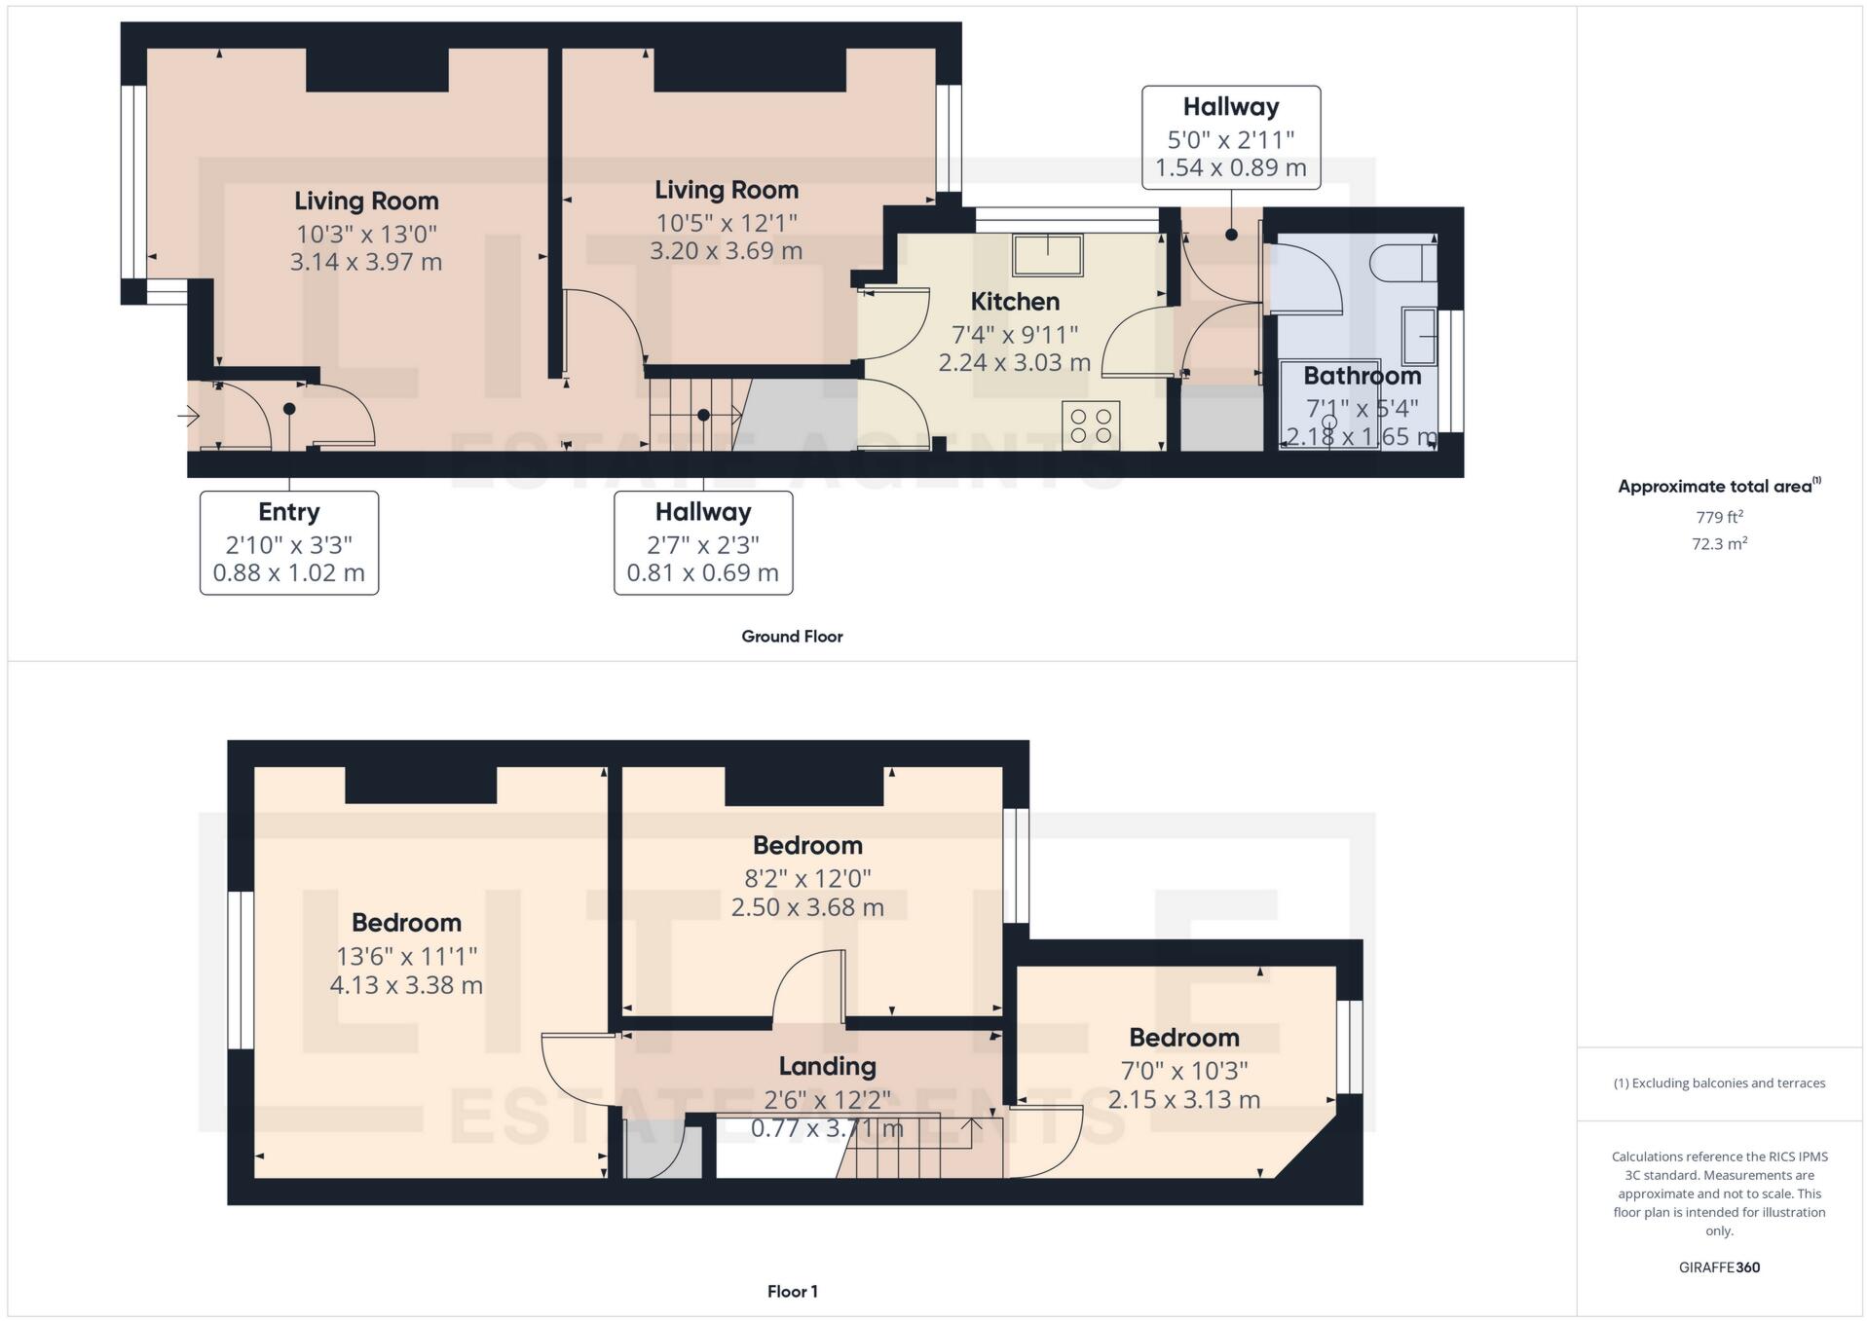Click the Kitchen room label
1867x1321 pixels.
point(1014,302)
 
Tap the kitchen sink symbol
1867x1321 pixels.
point(1047,255)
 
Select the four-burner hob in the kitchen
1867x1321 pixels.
point(1090,425)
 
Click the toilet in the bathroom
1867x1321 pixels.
point(1402,263)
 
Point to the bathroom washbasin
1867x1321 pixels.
point(1419,336)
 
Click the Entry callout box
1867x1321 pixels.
point(288,542)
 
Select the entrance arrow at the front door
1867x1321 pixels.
point(189,417)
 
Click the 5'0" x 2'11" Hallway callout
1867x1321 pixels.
point(1230,136)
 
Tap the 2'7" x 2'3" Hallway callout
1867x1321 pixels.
point(702,542)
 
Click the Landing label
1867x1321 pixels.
point(827,1066)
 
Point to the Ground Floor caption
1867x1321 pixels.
point(791,636)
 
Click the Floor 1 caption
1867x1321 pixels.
point(792,1291)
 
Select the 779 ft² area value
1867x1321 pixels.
point(1719,517)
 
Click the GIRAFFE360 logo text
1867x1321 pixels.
point(1719,1266)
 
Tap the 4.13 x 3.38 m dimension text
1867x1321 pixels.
point(406,985)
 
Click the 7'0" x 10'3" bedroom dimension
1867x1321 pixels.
point(1183,1071)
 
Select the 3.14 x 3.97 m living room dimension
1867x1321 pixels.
point(366,262)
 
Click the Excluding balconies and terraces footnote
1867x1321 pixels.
point(1719,1082)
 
